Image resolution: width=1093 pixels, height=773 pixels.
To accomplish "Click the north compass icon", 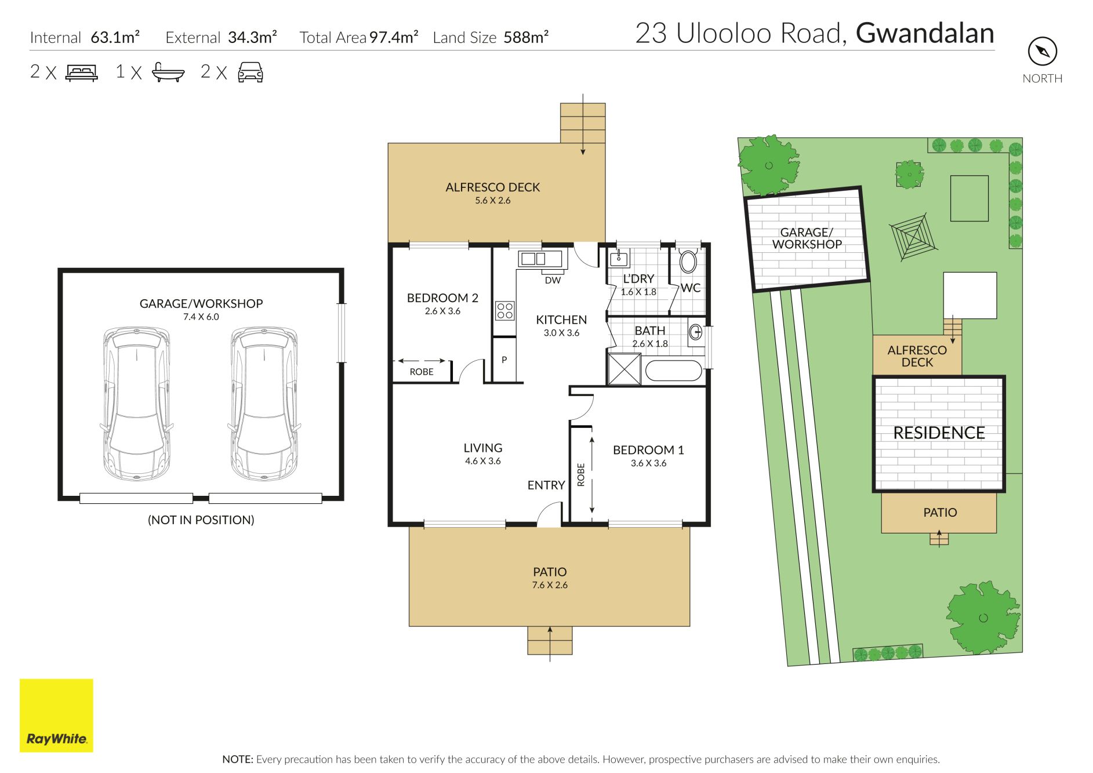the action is (x=1043, y=52).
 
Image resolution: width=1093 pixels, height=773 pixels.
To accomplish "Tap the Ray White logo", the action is (x=56, y=716).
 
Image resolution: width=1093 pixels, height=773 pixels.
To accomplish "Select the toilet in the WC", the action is (x=688, y=261).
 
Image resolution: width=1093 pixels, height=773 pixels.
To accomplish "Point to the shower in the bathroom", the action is (x=624, y=369).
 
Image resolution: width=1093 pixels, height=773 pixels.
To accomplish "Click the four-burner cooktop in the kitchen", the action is (x=504, y=311).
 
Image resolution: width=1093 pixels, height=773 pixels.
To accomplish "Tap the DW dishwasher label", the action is (x=553, y=281).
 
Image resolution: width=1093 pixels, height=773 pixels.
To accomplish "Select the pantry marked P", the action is (x=504, y=360).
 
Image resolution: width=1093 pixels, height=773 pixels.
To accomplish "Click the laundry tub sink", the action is (x=619, y=258).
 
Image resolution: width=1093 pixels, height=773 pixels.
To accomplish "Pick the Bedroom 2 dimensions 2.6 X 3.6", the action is (x=442, y=311).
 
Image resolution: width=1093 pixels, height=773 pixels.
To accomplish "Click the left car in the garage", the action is (x=137, y=404).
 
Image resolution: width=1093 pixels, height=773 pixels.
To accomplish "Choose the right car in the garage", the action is (x=264, y=404).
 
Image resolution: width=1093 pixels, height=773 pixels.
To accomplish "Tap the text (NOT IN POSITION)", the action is (x=201, y=520).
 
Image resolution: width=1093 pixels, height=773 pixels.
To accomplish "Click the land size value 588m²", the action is (x=526, y=37).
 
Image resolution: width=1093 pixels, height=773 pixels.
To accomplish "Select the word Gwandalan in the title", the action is (x=925, y=34).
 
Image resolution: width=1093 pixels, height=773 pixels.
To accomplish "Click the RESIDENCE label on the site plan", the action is (x=939, y=433).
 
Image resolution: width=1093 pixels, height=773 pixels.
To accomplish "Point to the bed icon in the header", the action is (x=82, y=72).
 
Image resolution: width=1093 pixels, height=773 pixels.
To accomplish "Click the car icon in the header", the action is (x=250, y=72).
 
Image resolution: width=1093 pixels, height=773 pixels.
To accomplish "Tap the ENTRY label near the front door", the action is (x=546, y=485).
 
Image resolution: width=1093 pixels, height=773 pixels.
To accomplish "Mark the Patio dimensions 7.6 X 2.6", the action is (x=550, y=585).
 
